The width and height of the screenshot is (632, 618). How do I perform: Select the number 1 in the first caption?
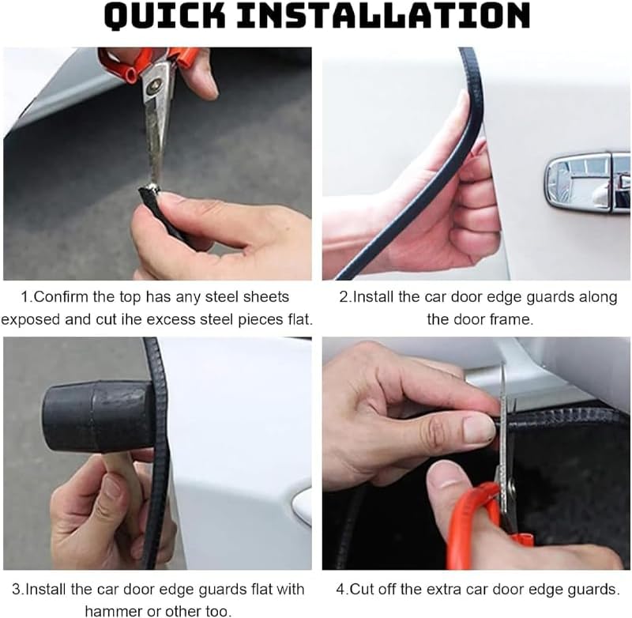click(25, 297)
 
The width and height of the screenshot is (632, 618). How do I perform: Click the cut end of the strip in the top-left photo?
click(149, 191)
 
